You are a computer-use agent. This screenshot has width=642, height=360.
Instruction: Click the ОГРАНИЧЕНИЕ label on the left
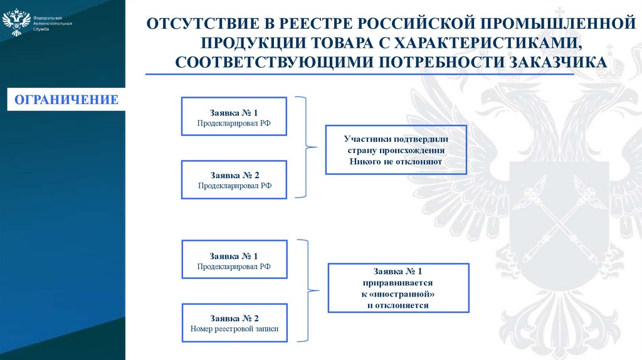(x=66, y=100)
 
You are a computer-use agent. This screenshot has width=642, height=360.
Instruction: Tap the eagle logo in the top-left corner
(x=16, y=22)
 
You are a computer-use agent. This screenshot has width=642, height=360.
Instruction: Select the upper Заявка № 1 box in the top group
(x=234, y=116)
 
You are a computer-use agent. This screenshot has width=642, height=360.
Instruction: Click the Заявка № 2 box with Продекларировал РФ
(x=234, y=179)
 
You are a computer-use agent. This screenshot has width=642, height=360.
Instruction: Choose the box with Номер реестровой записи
(x=234, y=322)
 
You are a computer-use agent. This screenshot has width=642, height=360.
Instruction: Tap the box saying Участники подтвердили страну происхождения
(x=396, y=150)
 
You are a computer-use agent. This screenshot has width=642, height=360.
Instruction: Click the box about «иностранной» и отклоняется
(x=398, y=288)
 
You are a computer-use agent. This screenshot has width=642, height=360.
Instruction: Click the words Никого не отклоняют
(x=396, y=162)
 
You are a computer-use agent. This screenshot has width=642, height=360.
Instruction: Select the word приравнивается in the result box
(x=398, y=283)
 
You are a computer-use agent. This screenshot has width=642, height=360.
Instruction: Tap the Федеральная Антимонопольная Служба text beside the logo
(x=52, y=23)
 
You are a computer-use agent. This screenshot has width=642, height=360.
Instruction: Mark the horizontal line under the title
(x=360, y=75)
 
